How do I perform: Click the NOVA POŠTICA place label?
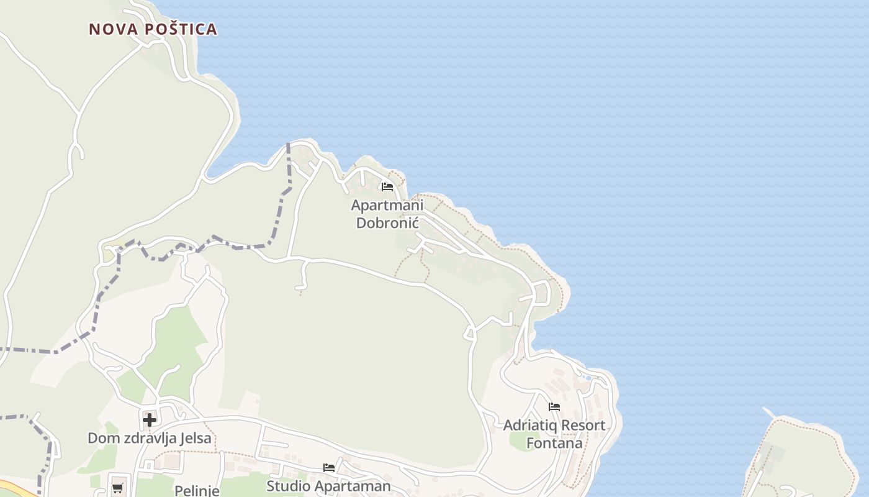click(153, 29)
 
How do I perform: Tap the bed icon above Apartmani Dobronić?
click(387, 186)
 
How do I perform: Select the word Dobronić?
click(388, 223)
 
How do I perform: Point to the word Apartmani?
click(387, 205)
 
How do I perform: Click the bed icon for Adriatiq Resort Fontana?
click(554, 407)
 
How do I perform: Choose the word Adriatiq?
click(528, 426)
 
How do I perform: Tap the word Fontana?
click(554, 444)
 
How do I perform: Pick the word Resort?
click(580, 426)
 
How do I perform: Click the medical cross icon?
click(150, 420)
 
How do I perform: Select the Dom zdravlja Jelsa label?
click(149, 438)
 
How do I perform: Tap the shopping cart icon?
click(117, 488)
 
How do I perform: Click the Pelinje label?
click(197, 491)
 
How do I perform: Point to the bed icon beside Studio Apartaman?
click(329, 467)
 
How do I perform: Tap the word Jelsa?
click(195, 438)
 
